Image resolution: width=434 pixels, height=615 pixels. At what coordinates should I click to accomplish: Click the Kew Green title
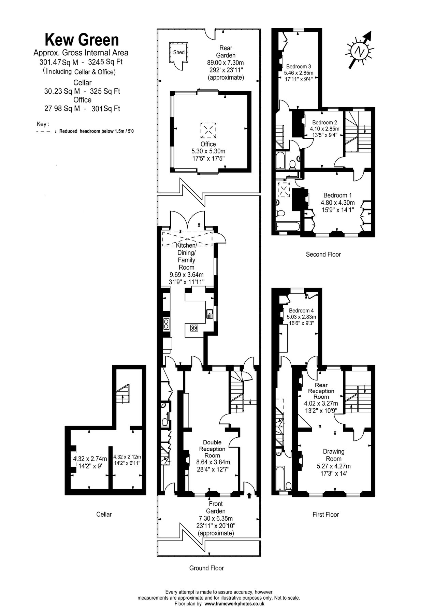coord(82,40)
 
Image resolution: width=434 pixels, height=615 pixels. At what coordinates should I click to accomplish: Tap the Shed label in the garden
coord(179,52)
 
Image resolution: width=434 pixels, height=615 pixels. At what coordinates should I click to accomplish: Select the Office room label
coord(208,144)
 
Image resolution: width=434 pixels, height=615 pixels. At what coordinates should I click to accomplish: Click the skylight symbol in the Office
coord(208,129)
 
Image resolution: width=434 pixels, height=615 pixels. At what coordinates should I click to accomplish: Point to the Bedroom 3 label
coord(299,66)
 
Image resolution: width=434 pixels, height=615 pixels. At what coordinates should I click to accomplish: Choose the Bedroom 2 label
coord(324,122)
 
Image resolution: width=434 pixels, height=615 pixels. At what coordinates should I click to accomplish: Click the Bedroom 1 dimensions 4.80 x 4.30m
coord(337,202)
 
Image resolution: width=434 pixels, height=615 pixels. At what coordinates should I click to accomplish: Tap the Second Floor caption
coord(323,254)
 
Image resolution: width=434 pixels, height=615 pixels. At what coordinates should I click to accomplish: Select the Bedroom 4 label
coord(301,311)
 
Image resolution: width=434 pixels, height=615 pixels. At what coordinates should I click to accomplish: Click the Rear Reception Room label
coord(321,391)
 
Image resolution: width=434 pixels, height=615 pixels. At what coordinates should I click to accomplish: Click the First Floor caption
coord(325,514)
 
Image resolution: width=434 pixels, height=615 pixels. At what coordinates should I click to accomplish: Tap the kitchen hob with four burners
coord(194,328)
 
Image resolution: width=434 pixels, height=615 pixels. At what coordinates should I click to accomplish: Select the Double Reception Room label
coord(212,449)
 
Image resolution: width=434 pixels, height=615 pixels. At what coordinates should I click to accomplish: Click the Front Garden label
coord(216,507)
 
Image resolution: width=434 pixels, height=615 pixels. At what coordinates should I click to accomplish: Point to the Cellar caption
coord(104,514)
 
